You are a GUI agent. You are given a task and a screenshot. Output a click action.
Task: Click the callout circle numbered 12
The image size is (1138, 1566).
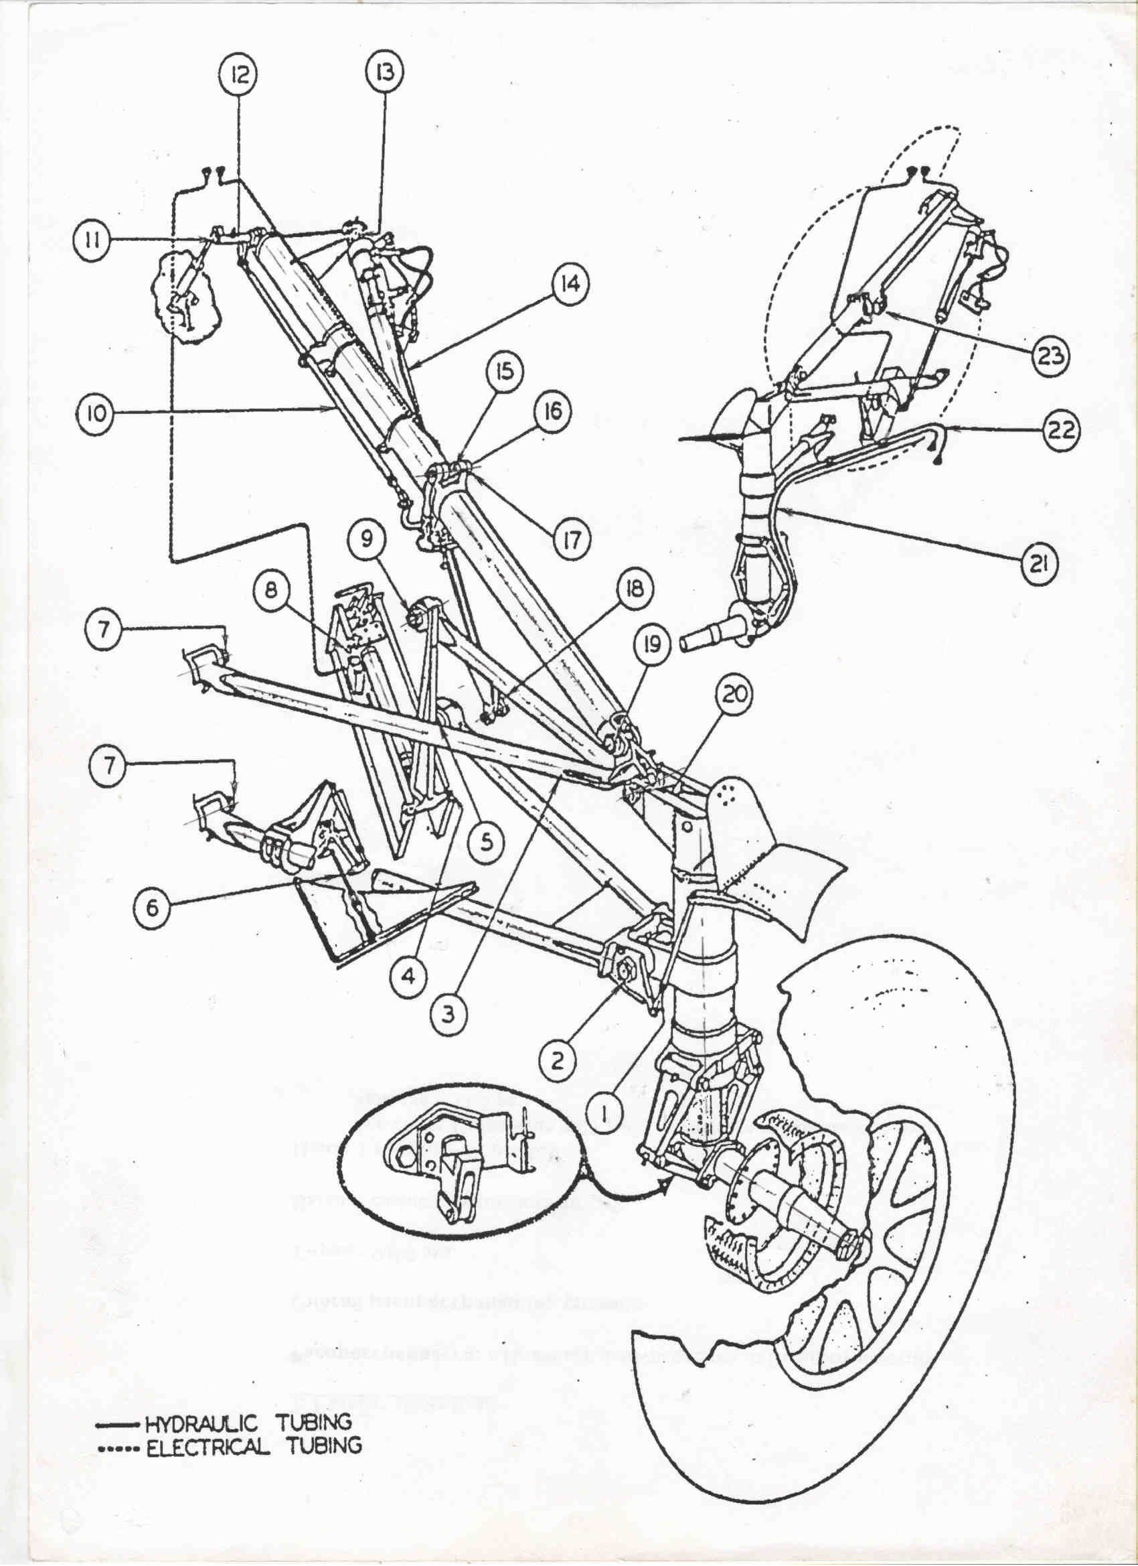click(238, 74)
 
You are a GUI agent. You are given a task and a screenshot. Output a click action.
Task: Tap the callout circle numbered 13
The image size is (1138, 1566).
click(384, 72)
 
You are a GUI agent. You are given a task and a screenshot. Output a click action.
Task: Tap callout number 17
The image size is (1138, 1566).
click(572, 539)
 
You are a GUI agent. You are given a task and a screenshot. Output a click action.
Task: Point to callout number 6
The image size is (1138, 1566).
click(151, 908)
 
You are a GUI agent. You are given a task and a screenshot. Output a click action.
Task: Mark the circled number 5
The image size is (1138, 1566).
click(487, 843)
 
